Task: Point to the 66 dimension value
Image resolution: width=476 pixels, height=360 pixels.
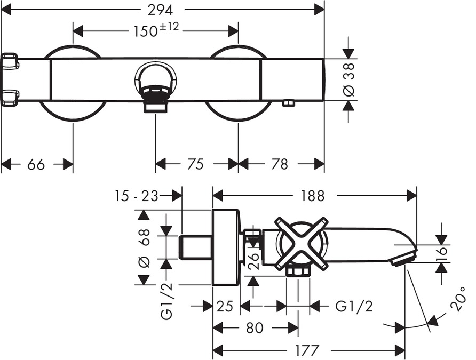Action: tap(36, 164)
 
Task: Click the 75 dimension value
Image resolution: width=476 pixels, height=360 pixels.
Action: tap(196, 164)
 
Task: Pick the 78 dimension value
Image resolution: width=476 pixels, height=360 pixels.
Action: tap(280, 164)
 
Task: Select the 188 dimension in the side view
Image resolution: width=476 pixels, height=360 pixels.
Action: tap(312, 196)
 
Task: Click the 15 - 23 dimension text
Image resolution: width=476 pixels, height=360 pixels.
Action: tap(136, 196)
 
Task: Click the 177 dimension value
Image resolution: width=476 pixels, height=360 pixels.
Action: tap(307, 350)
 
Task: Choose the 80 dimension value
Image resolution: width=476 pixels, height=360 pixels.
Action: tap(255, 328)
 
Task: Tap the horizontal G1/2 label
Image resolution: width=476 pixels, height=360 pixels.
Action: tap(353, 306)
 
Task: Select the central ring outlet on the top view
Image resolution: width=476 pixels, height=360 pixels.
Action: tap(155, 80)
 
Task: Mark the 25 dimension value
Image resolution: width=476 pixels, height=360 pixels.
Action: tap(226, 306)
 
